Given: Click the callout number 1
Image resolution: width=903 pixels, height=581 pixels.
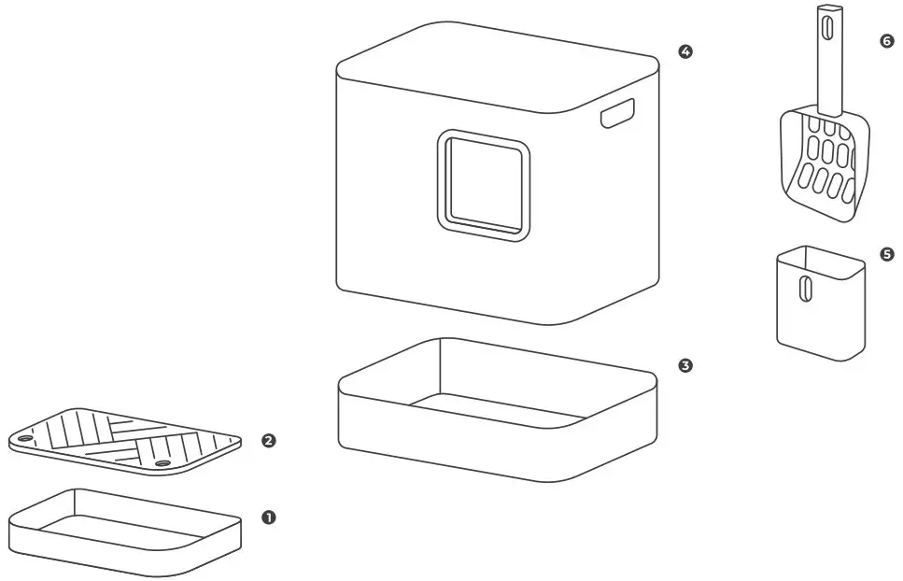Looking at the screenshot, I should [269, 517].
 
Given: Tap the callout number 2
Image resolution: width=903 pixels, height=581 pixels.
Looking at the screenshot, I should [269, 440].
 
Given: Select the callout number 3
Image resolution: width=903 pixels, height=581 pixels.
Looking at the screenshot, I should [685, 365].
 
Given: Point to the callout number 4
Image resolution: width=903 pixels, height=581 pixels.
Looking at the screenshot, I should [685, 52].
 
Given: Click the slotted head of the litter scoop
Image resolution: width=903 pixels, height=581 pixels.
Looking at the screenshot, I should [825, 163].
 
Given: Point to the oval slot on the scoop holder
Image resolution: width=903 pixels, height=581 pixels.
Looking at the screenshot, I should [802, 288].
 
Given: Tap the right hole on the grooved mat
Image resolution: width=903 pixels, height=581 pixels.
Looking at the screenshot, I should [162, 462].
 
